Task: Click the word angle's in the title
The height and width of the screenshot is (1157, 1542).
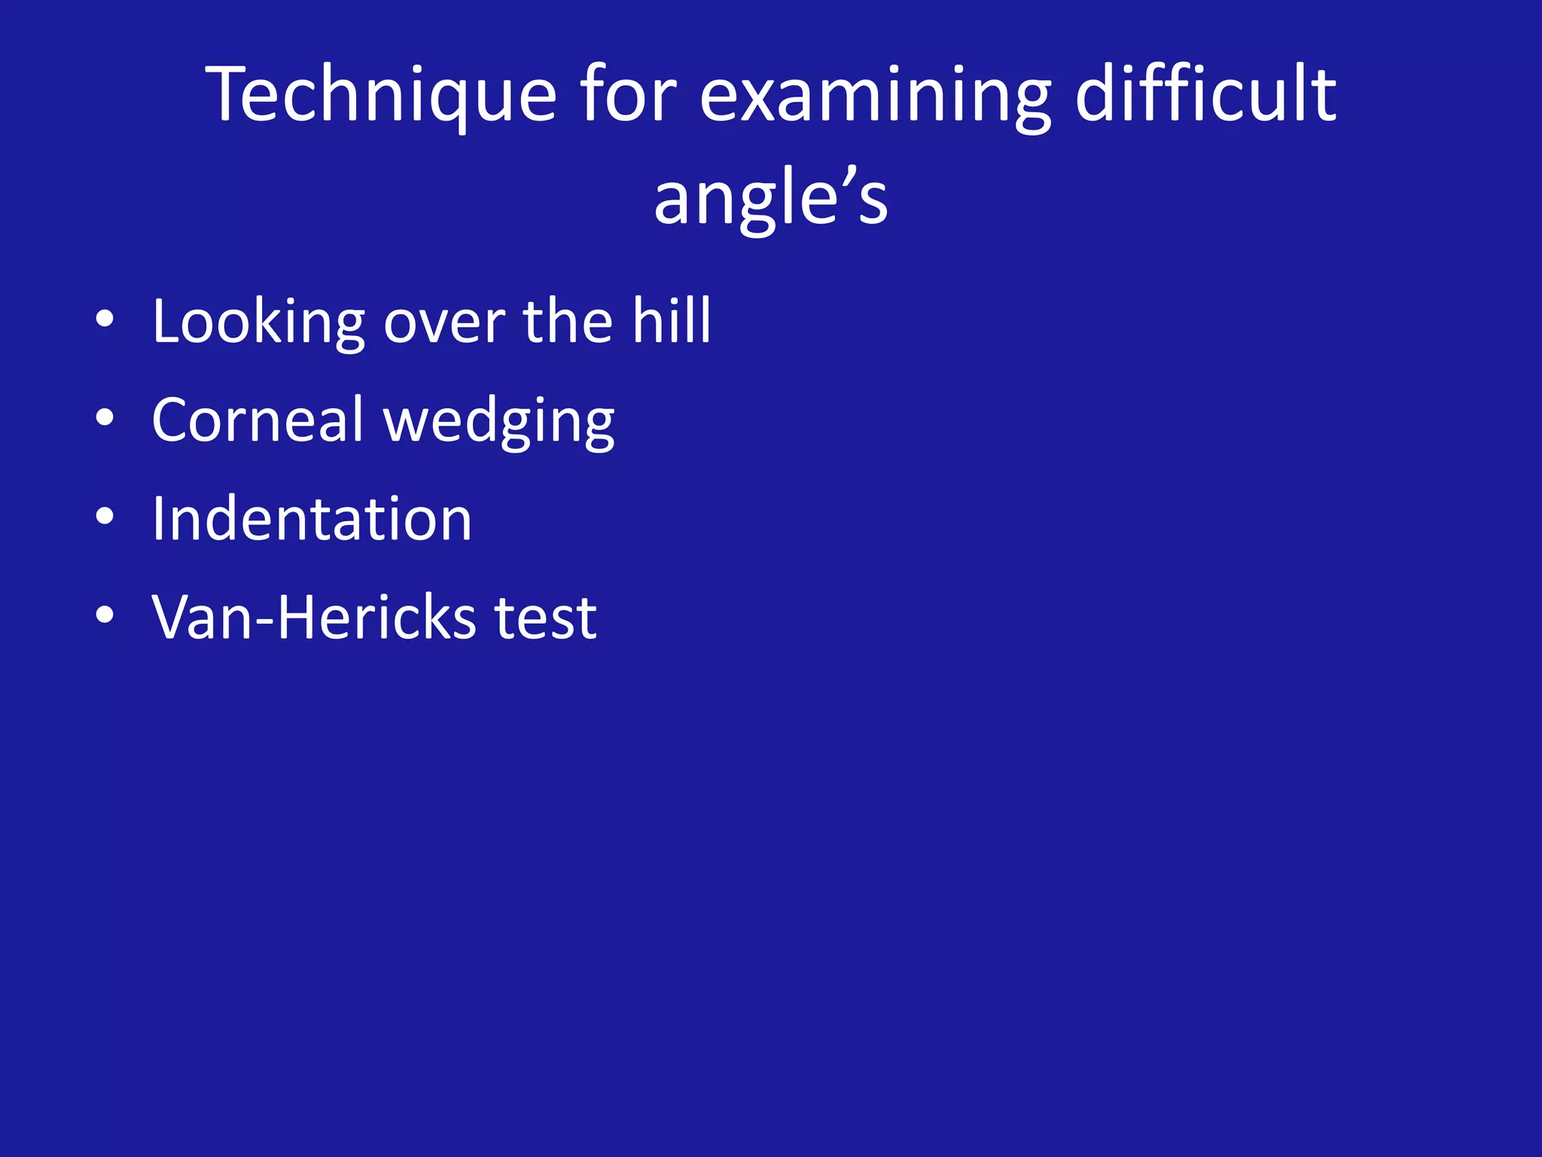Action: [x=770, y=197]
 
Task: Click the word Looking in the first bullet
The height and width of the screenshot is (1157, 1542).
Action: [x=258, y=322]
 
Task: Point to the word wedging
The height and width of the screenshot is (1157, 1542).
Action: [x=499, y=422]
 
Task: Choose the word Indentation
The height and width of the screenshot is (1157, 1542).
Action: [x=312, y=519]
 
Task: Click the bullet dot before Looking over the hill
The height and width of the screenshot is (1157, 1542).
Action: [x=105, y=319]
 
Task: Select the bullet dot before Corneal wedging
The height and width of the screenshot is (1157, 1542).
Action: [x=105, y=417]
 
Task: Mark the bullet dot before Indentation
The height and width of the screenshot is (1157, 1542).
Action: [x=105, y=517]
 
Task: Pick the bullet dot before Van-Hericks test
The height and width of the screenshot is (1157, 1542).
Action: [x=105, y=615]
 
